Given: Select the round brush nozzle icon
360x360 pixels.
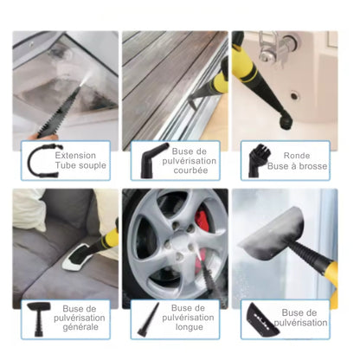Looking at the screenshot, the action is pos(257,161).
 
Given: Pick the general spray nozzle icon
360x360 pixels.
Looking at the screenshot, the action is pos(38,318).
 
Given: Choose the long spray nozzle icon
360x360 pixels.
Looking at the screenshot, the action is pos(149,319).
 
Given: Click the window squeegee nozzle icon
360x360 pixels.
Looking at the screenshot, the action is pos(261,319).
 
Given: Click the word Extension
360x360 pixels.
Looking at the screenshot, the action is pos(75,156).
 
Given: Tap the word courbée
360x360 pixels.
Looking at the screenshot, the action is pos(190,170).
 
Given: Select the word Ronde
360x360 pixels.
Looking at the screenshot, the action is pos(297,156).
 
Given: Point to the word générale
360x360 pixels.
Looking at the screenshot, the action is pos(80,327).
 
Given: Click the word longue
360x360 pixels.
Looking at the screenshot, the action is pos(190,327).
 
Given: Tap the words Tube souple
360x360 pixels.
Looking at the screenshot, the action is pos(80,165).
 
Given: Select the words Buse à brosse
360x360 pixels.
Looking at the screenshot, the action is pos(297,166).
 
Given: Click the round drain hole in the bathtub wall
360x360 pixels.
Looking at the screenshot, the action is pos(294,95).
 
